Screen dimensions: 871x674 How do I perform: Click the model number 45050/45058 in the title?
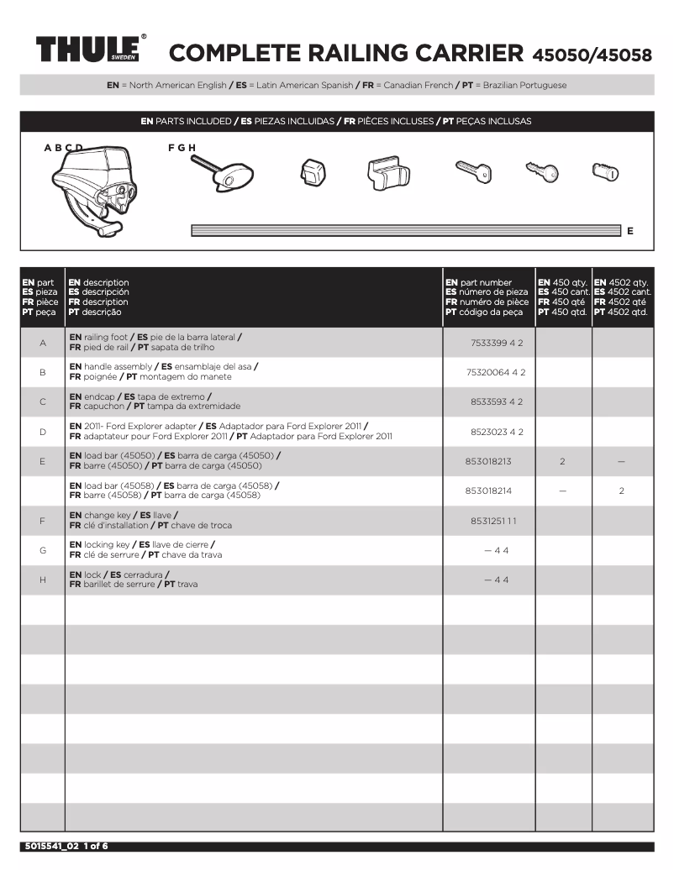pyautogui.click(x=592, y=55)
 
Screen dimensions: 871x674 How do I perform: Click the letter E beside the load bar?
pyautogui.click(x=630, y=231)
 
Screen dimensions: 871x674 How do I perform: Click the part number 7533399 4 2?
pyautogui.click(x=496, y=343)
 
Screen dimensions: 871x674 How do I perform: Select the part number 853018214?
pyautogui.click(x=487, y=491)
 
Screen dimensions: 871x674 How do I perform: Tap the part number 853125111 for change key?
pyautogui.click(x=493, y=521)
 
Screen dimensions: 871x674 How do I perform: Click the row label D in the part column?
pyautogui.click(x=42, y=432)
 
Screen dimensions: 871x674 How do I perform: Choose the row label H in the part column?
pyautogui.click(x=42, y=580)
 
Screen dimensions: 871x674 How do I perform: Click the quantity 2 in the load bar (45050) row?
pyautogui.click(x=562, y=461)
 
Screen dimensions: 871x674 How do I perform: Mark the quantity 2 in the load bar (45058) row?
pyautogui.click(x=621, y=491)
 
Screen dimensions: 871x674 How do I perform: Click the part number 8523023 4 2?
pyautogui.click(x=496, y=432)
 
